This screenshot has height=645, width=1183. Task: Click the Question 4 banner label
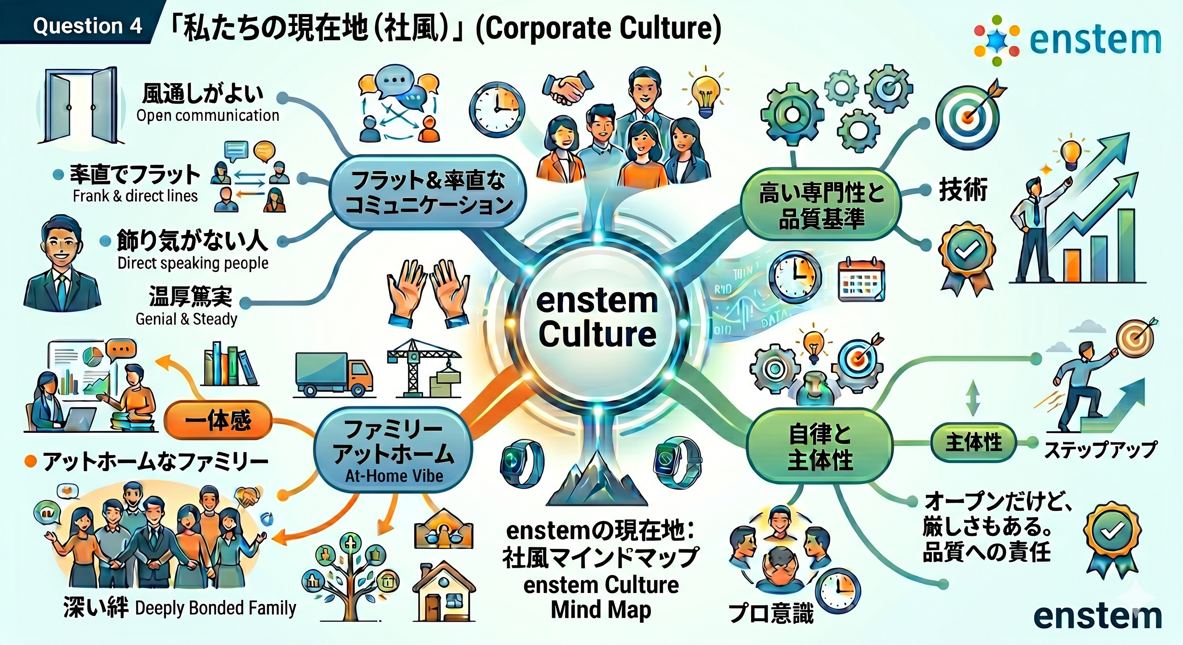[87, 25]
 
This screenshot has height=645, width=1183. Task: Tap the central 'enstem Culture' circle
[597, 317]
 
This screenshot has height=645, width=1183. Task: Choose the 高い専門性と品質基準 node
[820, 204]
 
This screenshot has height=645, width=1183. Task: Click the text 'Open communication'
[208, 115]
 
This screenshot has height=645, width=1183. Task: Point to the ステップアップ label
[1100, 449]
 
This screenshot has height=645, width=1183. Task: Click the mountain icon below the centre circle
[597, 477]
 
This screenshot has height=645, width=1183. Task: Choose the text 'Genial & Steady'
[187, 319]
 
